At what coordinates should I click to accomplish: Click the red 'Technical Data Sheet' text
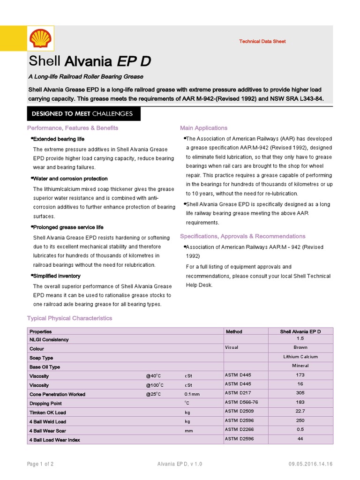click(262, 41)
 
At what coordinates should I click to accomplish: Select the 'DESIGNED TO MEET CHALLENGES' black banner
click(82, 114)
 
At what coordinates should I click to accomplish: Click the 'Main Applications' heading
click(203, 128)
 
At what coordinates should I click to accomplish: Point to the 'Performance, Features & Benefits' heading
click(73, 128)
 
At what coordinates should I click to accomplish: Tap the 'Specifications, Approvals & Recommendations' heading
click(242, 236)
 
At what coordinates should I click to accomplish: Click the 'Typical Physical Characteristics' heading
click(70, 318)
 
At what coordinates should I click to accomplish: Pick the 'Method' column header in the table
click(233, 331)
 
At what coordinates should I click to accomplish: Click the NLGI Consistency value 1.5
click(300, 338)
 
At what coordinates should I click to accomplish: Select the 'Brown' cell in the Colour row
click(300, 347)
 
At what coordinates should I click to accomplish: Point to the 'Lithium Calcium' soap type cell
click(300, 357)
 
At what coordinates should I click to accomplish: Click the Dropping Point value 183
click(300, 402)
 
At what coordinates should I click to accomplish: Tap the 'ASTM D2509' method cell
click(239, 412)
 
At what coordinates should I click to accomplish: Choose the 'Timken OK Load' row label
click(48, 412)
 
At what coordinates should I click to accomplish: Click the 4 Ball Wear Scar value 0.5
click(300, 429)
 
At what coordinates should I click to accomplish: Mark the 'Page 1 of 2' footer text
click(40, 464)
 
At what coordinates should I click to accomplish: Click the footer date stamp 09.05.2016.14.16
click(311, 464)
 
